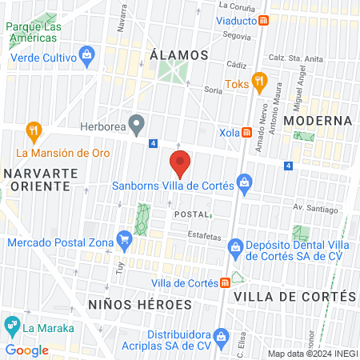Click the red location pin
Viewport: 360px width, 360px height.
pos(181,164)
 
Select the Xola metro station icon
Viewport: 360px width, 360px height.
pos(248,132)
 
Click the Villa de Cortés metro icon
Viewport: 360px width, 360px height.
pos(226,282)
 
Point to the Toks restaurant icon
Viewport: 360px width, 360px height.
pos(258,81)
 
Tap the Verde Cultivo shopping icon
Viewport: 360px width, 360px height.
pos(87,55)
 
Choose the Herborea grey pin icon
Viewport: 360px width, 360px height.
pos(137,125)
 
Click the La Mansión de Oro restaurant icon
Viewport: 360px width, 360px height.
pos(34,130)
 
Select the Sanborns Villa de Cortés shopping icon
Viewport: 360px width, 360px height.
pos(244,186)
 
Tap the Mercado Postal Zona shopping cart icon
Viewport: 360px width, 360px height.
pos(124,238)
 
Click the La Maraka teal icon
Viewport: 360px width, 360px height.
pos(12,326)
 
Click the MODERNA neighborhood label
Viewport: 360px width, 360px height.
pos(318,121)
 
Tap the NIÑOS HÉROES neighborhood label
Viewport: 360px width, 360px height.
pos(141,305)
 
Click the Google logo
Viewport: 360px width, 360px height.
pos(26,350)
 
